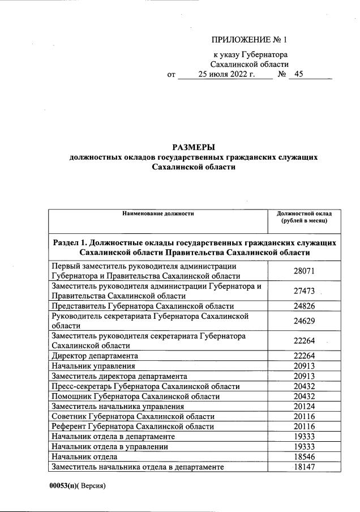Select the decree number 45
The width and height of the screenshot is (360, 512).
coord(299,74)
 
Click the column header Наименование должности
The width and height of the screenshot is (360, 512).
coord(158,214)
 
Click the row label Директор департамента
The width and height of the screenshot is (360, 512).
coord(95,356)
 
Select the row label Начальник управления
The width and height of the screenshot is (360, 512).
coord(89,366)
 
